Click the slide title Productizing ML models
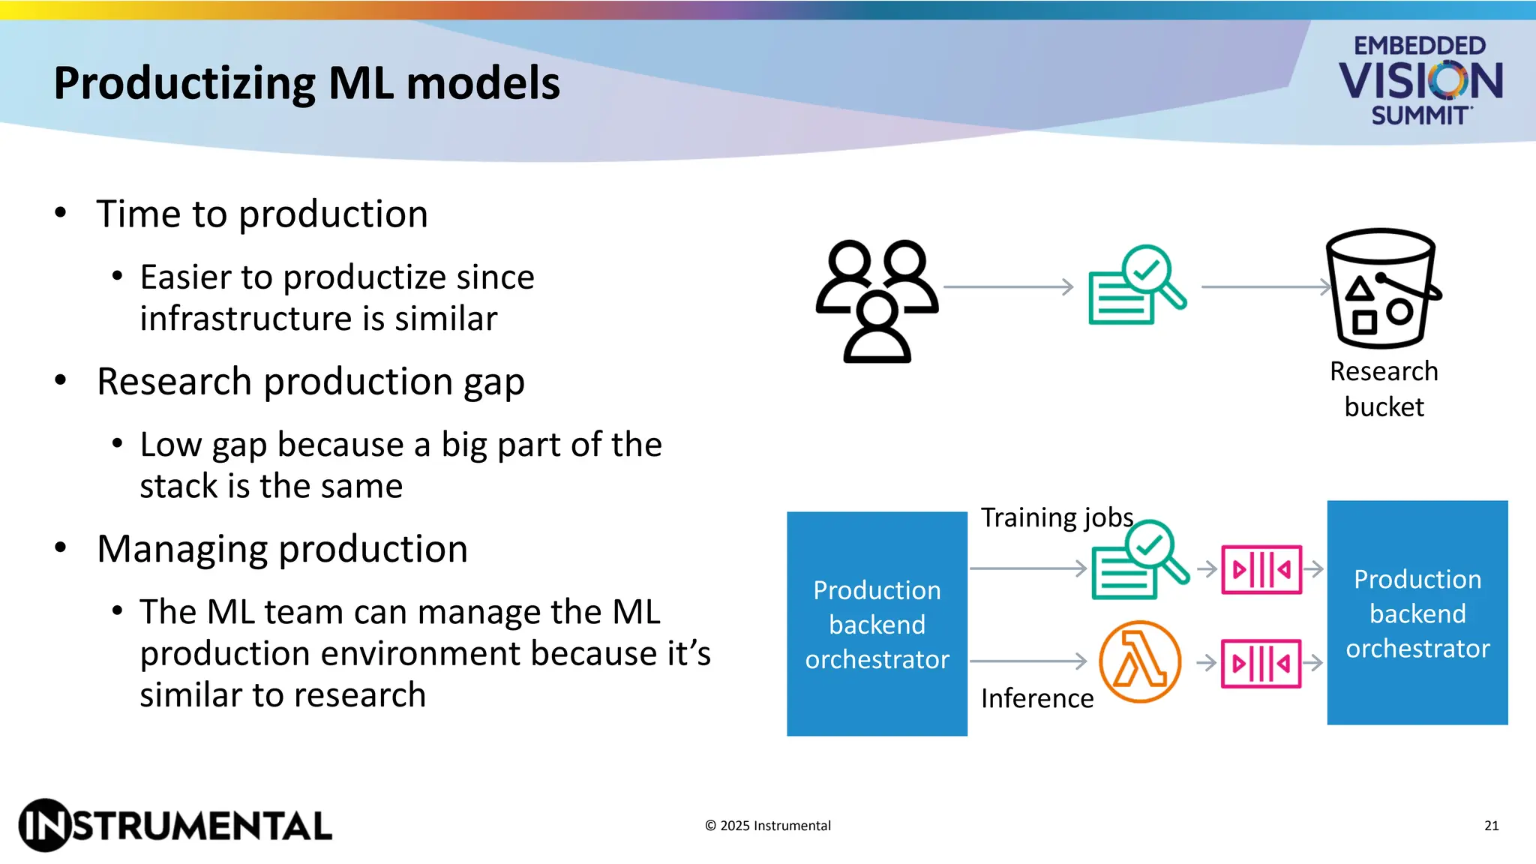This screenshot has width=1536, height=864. pyautogui.click(x=307, y=83)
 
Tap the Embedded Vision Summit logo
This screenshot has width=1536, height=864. pyautogui.click(x=1420, y=79)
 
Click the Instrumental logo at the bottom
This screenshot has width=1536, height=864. pyautogui.click(x=175, y=825)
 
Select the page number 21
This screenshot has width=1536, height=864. pyautogui.click(x=1491, y=826)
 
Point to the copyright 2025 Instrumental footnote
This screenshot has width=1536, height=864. pyautogui.click(x=767, y=826)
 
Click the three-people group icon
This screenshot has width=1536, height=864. pyautogui.click(x=877, y=301)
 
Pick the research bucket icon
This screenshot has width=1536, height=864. pyautogui.click(x=1382, y=289)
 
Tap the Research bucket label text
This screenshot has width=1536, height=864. pyautogui.click(x=1384, y=388)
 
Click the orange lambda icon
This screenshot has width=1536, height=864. pyautogui.click(x=1139, y=661)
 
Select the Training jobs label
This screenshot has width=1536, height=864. pyautogui.click(x=1057, y=517)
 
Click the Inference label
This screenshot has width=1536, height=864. pyautogui.click(x=1037, y=698)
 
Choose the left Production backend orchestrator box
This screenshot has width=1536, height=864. pyautogui.click(x=877, y=624)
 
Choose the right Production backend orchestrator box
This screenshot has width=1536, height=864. pyautogui.click(x=1417, y=613)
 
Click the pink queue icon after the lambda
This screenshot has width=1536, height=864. pyautogui.click(x=1261, y=664)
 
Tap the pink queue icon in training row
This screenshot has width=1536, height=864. pyautogui.click(x=1261, y=570)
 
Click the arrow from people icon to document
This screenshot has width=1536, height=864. pyautogui.click(x=1008, y=286)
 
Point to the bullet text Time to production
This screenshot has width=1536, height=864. pyautogui.click(x=262, y=214)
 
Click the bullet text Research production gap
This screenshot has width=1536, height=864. pyautogui.click(x=310, y=382)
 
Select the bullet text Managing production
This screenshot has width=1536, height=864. pyautogui.click(x=282, y=549)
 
